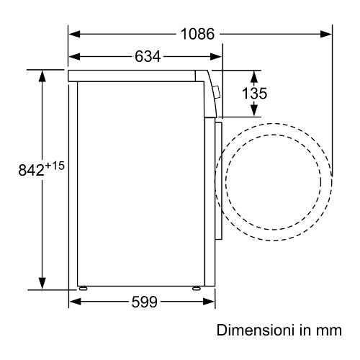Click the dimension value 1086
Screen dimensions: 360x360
[197, 34]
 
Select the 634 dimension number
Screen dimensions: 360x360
[148, 57]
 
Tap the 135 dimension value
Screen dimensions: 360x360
[254, 93]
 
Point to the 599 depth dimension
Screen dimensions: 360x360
[145, 302]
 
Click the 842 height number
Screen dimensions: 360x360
[31, 170]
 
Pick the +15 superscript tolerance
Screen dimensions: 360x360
[55, 166]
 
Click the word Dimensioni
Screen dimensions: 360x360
[256, 330]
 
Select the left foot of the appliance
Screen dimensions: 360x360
[83, 288]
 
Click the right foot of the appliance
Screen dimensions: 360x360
[196, 288]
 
